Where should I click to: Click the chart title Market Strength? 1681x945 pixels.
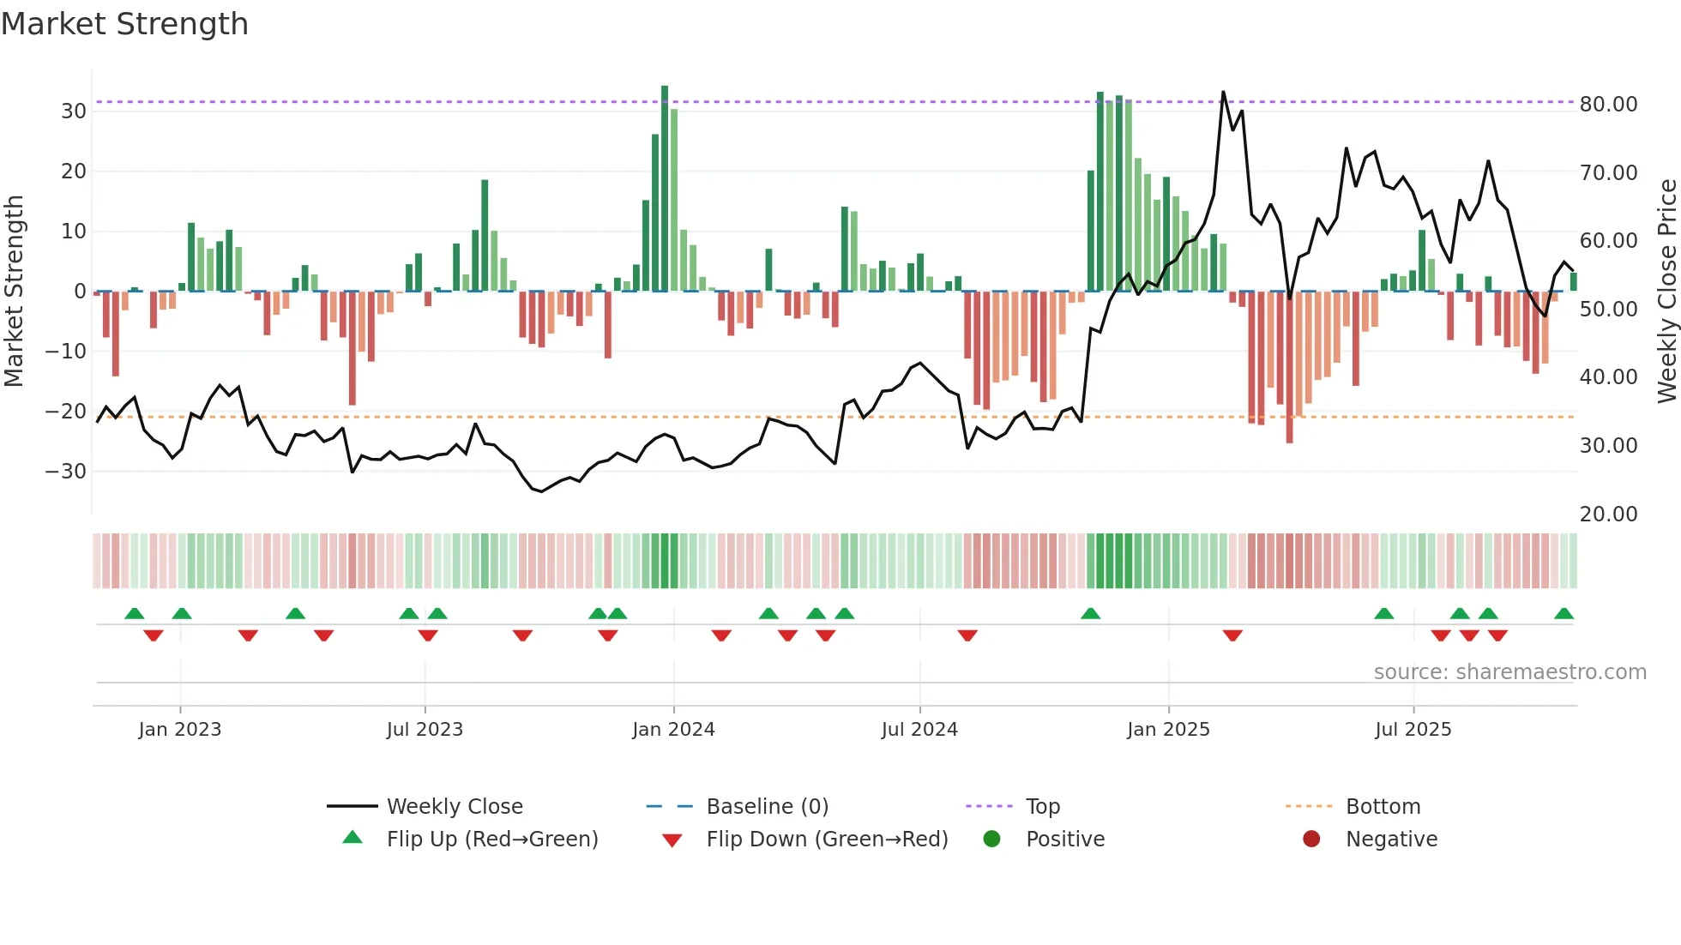tap(124, 24)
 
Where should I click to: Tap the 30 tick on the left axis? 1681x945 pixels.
tap(74, 111)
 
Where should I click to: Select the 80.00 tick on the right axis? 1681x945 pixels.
tap(1608, 105)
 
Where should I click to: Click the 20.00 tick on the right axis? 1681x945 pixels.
tap(1608, 515)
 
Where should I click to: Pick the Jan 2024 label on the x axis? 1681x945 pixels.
tap(673, 730)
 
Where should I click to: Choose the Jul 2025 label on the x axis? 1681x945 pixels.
tap(1413, 730)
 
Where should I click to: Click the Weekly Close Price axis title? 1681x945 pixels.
tap(1666, 292)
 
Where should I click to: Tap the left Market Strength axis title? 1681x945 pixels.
tap(14, 292)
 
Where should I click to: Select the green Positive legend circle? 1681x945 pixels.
tap(992, 840)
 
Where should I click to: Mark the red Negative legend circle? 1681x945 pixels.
tap(1311, 840)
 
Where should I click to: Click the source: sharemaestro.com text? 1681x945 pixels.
tap(1509, 672)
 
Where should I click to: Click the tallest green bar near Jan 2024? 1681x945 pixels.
tap(665, 189)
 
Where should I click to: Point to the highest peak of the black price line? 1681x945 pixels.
tap(1223, 93)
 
